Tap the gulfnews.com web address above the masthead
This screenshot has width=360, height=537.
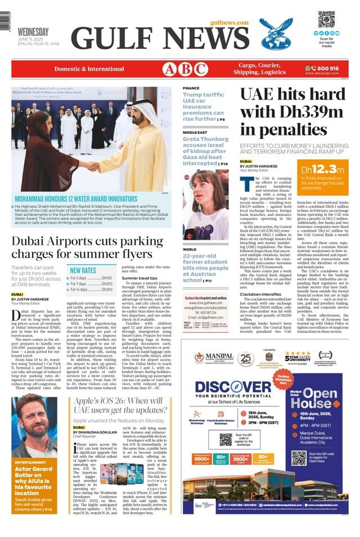pyautogui.click(x=229, y=22)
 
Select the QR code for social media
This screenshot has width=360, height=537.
pyautogui.click(x=326, y=19)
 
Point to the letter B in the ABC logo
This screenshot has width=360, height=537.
pyautogui.click(x=185, y=69)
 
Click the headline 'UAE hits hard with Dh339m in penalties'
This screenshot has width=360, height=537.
pyautogui.click(x=292, y=112)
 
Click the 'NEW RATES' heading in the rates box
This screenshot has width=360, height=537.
pyautogui.click(x=83, y=270)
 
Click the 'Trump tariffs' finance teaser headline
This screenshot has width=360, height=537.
pyautogui.click(x=204, y=107)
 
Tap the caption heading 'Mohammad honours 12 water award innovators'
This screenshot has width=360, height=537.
pyautogui.click(x=77, y=199)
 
